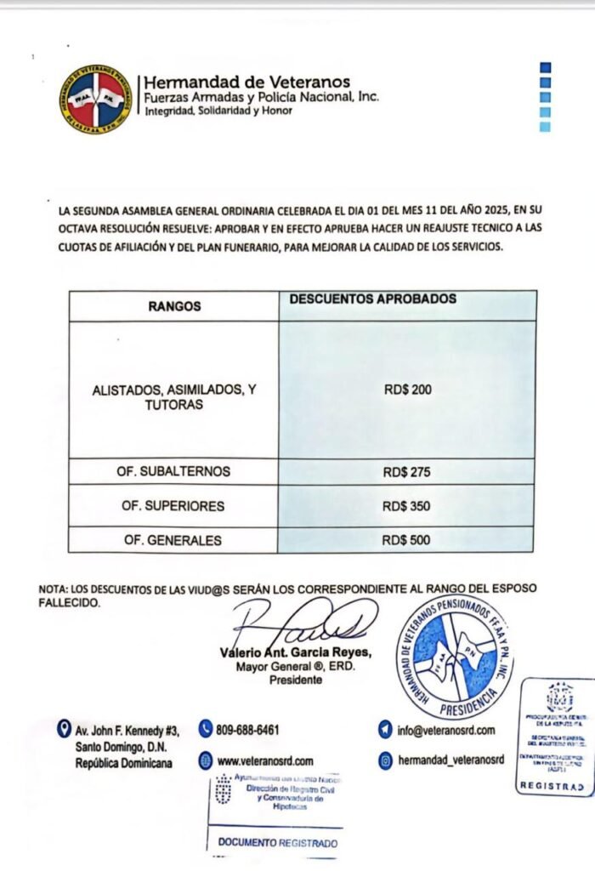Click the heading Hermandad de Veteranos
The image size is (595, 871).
tap(247, 83)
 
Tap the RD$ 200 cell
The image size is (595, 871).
tap(407, 390)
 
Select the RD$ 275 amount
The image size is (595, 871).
tap(407, 472)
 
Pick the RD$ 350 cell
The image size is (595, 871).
tap(407, 506)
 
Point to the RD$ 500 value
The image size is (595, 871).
tap(407, 539)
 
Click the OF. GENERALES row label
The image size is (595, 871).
tap(173, 540)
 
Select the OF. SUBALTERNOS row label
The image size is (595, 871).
tap(173, 472)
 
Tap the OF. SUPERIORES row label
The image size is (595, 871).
tap(173, 506)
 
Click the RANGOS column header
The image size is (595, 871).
tap(173, 306)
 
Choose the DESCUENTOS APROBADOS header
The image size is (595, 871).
tap(373, 299)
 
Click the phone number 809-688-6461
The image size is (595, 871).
tap(249, 730)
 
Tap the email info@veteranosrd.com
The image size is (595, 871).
tap(446, 730)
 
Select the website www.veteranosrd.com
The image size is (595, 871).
tap(265, 761)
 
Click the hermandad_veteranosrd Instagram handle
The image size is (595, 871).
tap(451, 760)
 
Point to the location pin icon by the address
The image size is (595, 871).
tap(63, 729)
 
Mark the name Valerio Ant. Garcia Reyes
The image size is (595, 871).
tap(284, 652)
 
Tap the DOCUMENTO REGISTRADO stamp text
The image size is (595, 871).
tap(278, 844)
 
